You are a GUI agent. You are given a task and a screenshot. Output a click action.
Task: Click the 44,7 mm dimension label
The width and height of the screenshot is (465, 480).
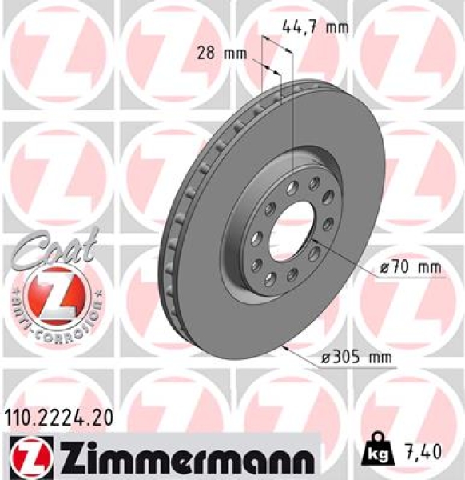tap(315, 27)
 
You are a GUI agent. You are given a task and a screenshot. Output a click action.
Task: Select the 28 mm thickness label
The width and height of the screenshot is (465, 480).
tap(221, 54)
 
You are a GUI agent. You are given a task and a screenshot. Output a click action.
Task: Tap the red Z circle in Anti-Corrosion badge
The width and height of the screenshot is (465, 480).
tap(54, 292)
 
